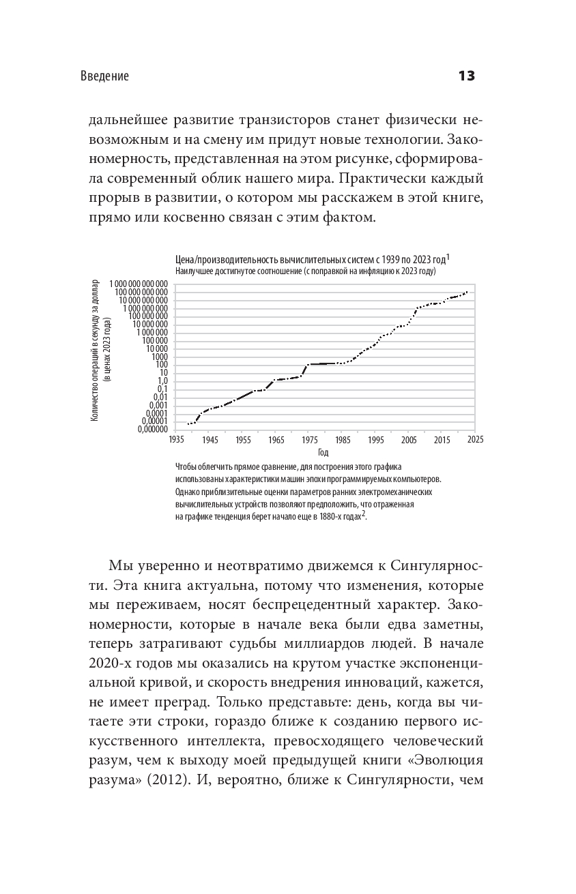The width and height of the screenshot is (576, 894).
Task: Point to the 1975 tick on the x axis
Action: point(309,440)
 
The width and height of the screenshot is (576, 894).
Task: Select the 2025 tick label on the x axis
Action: point(475,440)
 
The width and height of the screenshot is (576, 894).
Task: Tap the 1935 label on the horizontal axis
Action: point(177,440)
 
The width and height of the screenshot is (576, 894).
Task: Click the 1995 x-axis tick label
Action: point(375,440)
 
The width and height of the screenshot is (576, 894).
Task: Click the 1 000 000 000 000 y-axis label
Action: point(137,283)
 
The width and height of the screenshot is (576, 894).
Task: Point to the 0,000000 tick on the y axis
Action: point(150,430)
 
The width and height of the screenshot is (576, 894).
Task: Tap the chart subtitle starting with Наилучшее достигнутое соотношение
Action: point(305,271)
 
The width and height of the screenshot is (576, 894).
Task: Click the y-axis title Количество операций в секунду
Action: point(95,349)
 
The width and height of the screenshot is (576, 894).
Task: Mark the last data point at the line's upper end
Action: point(467,292)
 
